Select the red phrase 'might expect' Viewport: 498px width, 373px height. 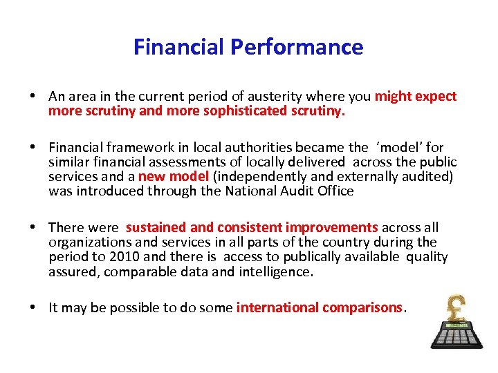[415, 96]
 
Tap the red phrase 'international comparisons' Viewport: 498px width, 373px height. [320, 307]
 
